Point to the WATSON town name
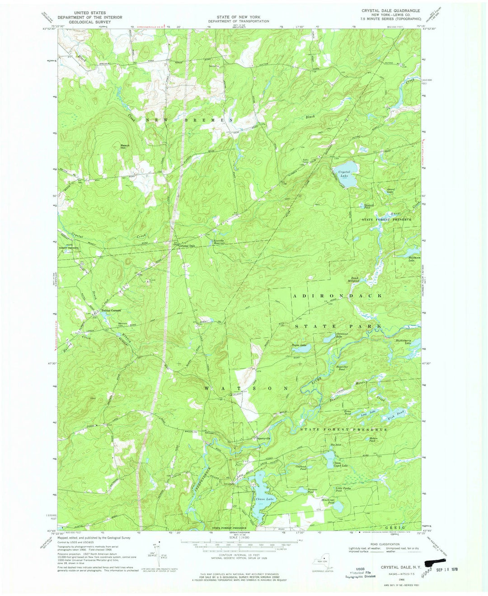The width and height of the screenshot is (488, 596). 246,388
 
